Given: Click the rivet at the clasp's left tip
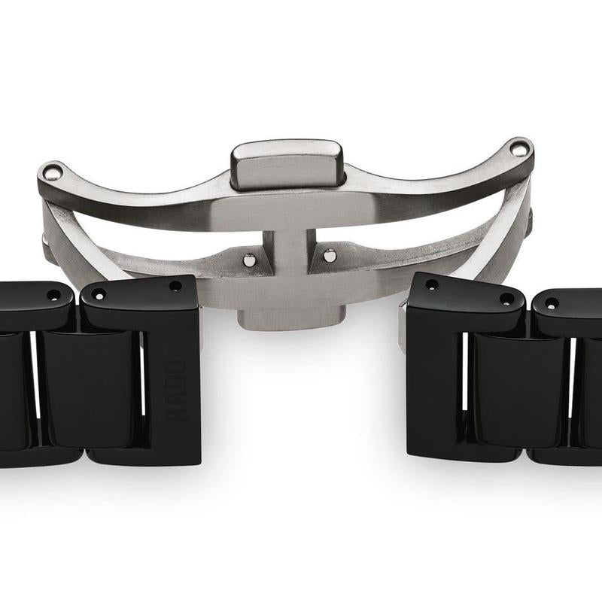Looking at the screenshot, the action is [x=53, y=172].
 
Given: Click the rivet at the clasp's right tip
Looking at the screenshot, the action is [x=519, y=148].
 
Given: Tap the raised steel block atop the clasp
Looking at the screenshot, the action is [x=286, y=165].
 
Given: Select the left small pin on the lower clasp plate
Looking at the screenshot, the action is [x=250, y=260].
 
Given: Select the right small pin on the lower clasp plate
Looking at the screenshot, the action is [x=330, y=255].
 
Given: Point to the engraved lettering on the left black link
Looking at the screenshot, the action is [x=176, y=391].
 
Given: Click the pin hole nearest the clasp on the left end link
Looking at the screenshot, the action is [x=175, y=286].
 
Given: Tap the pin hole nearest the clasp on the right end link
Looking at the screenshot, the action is [x=432, y=284].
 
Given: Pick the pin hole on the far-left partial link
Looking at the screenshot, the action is [x=53, y=295].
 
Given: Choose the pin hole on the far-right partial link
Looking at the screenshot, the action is [x=552, y=303].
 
